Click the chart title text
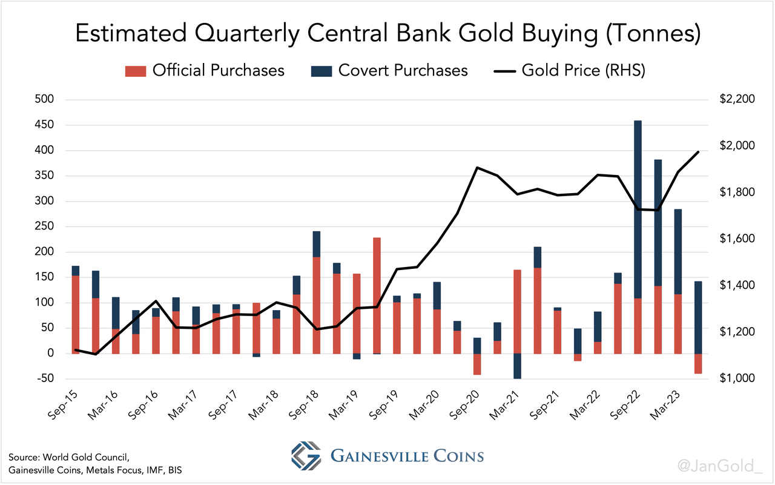tap(387, 34)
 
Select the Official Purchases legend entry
tap(205, 70)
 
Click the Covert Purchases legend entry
tap(389, 70)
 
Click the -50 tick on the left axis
tap(44, 379)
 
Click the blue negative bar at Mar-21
tap(517, 366)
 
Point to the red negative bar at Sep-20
tap(477, 364)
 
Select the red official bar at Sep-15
tap(76, 314)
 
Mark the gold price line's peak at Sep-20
tap(477, 168)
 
